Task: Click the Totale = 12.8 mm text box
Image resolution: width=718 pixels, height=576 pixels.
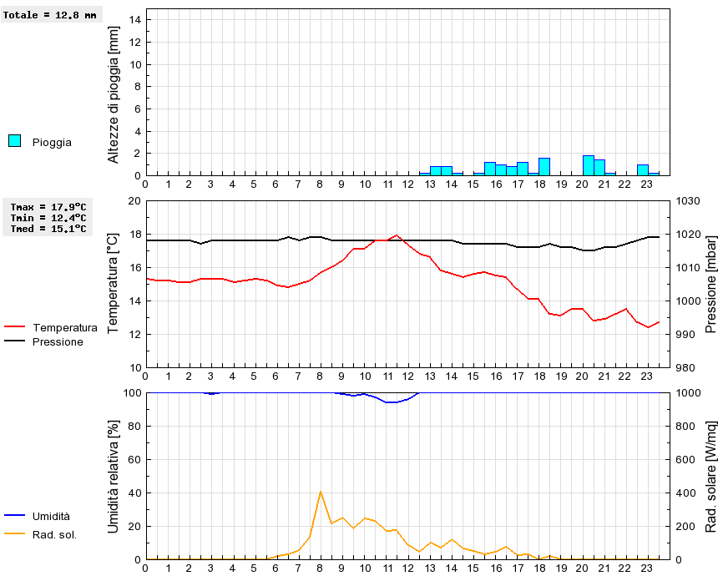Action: coord(38,15)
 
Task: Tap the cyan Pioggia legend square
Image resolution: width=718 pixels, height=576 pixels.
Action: coord(14,141)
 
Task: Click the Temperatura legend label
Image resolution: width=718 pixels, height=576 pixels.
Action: coord(64,328)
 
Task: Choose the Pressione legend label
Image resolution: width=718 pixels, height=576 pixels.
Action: coord(58,341)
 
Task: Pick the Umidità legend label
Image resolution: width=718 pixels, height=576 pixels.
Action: coord(51,517)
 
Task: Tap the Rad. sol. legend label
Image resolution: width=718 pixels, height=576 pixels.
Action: coord(54,534)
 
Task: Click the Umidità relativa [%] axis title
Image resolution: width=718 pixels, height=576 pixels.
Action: coord(114,476)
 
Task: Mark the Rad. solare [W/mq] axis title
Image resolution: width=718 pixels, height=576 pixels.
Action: coord(710,476)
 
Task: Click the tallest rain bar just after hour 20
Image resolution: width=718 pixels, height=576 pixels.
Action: coord(589,165)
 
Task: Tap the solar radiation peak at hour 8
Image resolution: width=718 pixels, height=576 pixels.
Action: coord(321,492)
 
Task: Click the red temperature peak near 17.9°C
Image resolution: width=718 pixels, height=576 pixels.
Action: coord(397,235)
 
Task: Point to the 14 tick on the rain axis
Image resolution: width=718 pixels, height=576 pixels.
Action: coord(137,20)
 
